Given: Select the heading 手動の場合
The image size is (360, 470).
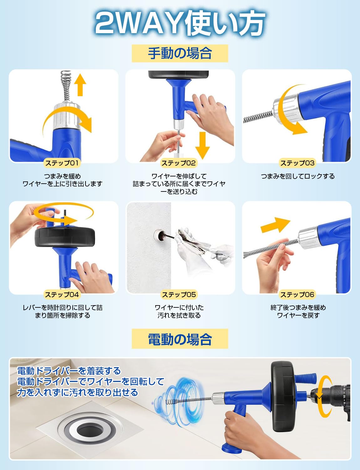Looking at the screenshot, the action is [180, 54].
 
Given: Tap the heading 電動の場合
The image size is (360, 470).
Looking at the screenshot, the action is [180, 339].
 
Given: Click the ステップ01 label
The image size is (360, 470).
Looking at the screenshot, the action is [62, 163].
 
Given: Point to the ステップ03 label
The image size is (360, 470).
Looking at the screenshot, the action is [297, 163].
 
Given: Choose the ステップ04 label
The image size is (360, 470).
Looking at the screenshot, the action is [62, 294].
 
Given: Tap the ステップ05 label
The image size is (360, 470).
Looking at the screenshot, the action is [179, 294].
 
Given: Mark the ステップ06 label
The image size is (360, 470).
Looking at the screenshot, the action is [297, 294].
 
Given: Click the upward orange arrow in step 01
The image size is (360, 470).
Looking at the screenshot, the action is [80, 85].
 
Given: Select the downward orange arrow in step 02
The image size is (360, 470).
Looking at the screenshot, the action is [203, 145].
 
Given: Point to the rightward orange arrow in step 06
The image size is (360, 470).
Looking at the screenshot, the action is [275, 225].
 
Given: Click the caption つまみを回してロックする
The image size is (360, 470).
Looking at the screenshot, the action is [298, 176].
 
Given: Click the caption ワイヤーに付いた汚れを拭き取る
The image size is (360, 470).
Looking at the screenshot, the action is [179, 311].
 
